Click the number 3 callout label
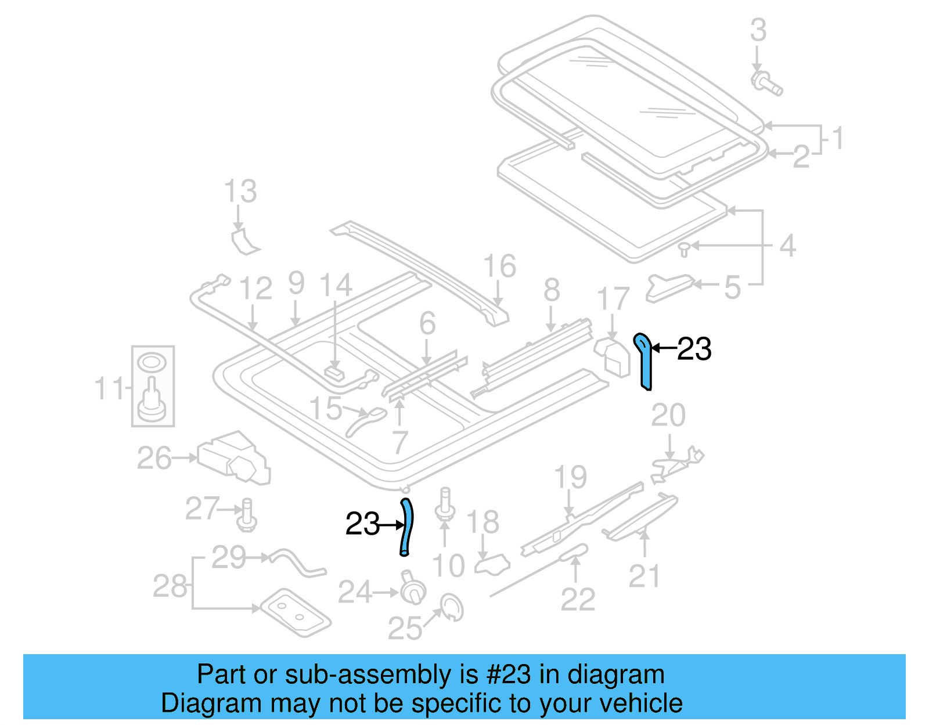click(x=758, y=30)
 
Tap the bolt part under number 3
click(x=766, y=84)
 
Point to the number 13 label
click(x=240, y=191)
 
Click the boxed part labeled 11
click(x=153, y=386)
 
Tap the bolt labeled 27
click(x=247, y=515)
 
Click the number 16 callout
click(x=499, y=266)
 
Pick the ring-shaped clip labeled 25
click(x=452, y=607)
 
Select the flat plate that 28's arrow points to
click(x=294, y=612)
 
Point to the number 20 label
click(x=668, y=415)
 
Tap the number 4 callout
click(x=787, y=246)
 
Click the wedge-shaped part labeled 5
click(x=668, y=287)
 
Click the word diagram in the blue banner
click(x=616, y=675)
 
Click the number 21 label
click(x=644, y=576)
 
